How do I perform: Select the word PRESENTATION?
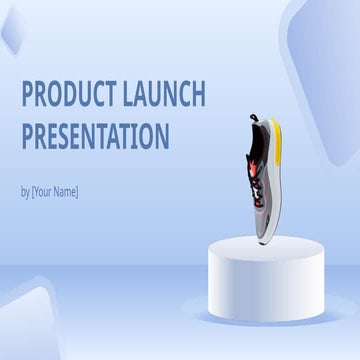(x=95, y=135)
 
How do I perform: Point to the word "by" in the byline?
(x=26, y=191)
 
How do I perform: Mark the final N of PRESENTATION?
(x=163, y=135)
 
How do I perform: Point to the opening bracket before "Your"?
(x=35, y=191)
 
